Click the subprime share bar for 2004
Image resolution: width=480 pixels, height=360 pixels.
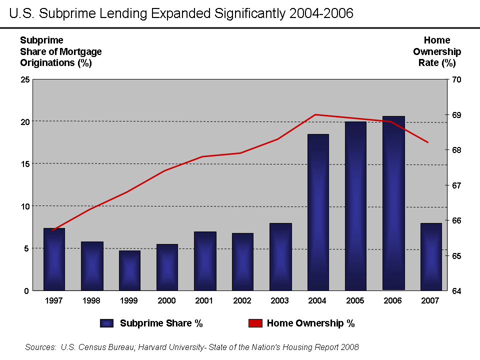click(318, 212)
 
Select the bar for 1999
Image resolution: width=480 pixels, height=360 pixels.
click(129, 270)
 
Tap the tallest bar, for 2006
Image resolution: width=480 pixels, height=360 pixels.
click(393, 203)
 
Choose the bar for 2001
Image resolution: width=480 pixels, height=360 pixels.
click(205, 260)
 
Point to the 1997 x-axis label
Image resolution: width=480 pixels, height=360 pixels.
click(54, 301)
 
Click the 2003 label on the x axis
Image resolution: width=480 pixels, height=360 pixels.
click(280, 301)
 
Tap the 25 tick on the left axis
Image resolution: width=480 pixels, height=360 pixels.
click(24, 79)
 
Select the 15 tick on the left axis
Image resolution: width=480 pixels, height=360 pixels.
click(24, 164)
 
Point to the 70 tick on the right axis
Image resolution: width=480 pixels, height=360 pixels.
click(456, 79)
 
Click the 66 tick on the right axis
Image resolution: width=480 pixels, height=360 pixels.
click(456, 220)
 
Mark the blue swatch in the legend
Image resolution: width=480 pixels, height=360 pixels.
click(106, 323)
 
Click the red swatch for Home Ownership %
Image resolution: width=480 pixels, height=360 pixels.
click(255, 323)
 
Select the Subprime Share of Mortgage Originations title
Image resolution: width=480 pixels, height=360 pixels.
click(60, 51)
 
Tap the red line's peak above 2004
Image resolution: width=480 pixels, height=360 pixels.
click(315, 114)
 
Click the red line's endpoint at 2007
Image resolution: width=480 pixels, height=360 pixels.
click(428, 142)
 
